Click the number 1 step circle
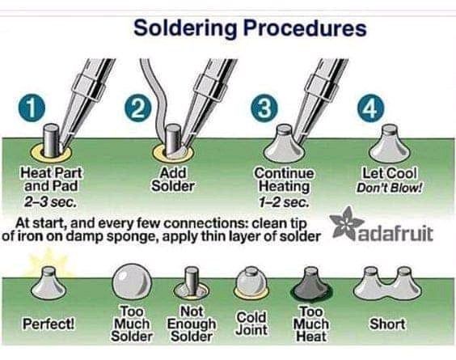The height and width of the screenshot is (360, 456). tap(32, 108)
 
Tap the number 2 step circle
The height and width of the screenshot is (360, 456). tap(138, 108)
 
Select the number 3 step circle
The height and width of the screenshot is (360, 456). tap(264, 108)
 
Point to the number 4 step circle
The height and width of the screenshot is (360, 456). tap(371, 108)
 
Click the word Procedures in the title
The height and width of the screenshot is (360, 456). tap(305, 28)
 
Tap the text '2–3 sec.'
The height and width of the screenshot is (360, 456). tap(50, 201)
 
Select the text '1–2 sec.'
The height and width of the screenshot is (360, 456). tap(284, 202)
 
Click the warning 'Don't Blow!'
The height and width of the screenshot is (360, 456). tap(390, 188)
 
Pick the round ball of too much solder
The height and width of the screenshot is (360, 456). tap(132, 282)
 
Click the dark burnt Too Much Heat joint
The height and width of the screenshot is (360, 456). tap(312, 285)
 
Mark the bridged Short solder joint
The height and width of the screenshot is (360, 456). tap(387, 284)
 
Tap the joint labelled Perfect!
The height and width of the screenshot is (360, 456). tap(49, 284)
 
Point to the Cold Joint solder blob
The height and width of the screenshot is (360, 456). tap(251, 284)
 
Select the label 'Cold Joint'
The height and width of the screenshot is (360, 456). tap(251, 324)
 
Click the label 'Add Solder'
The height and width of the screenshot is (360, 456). tap(173, 180)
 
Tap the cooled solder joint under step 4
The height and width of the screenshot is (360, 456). tap(390, 143)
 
